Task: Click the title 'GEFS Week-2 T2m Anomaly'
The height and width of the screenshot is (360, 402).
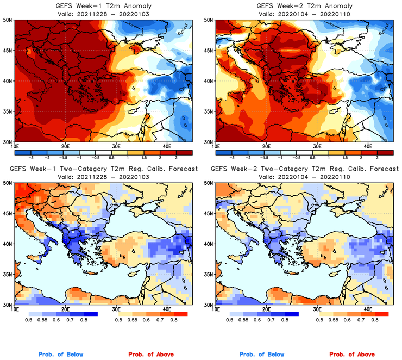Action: click(x=301, y=6)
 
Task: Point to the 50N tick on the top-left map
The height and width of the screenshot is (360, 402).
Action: click(x=8, y=20)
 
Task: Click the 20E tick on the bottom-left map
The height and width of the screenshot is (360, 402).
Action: click(x=65, y=309)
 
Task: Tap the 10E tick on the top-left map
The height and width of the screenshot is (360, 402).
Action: click(x=15, y=146)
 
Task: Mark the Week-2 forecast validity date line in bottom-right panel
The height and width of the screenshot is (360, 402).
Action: click(x=301, y=177)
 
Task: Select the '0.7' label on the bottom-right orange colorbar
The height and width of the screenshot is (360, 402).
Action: click(x=361, y=321)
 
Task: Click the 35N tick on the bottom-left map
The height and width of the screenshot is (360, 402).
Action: click(x=8, y=274)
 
